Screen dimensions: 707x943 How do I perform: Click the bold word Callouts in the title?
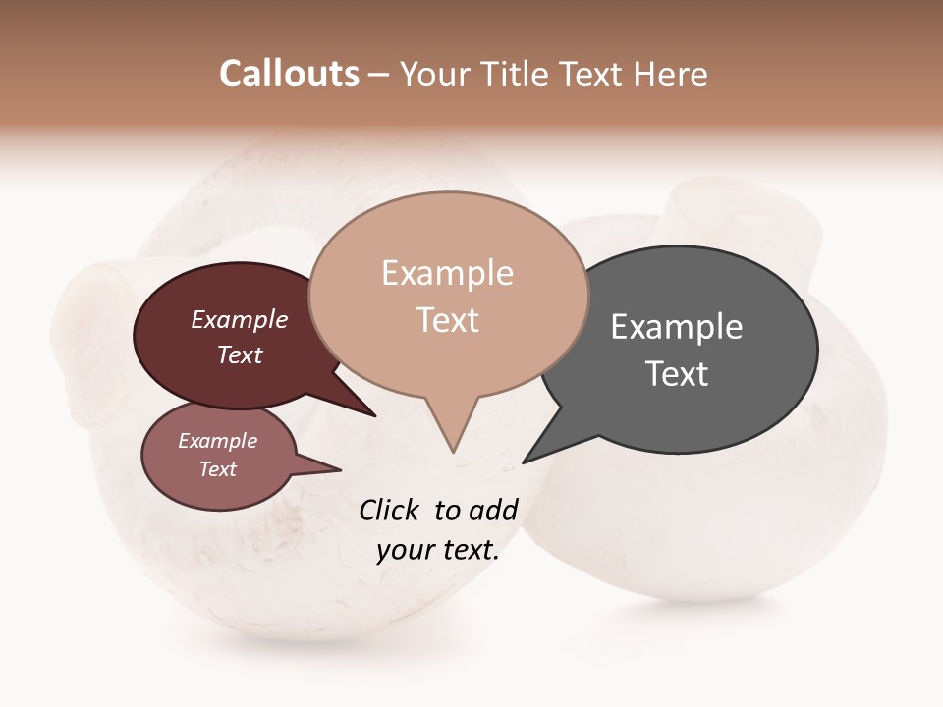pyautogui.click(x=289, y=74)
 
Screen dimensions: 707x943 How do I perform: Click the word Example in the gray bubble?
pyautogui.click(x=677, y=327)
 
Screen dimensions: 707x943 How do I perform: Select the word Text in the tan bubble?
pyautogui.click(x=448, y=320)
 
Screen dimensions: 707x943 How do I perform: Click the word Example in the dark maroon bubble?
pyautogui.click(x=240, y=320)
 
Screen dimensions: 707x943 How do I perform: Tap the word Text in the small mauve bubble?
pyautogui.click(x=218, y=469)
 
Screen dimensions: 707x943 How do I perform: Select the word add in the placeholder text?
pyautogui.click(x=492, y=510)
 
